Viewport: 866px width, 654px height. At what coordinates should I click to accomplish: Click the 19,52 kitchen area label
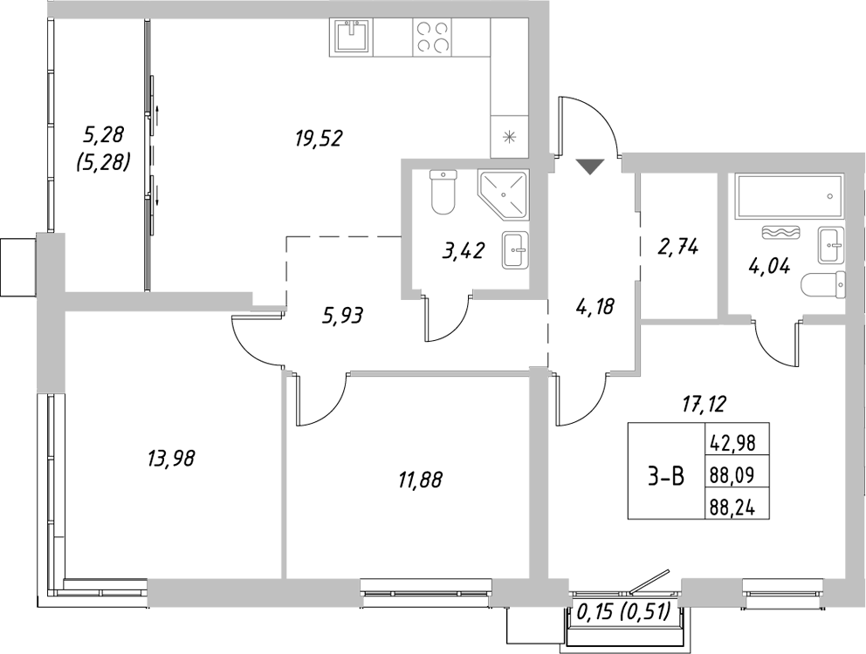[317, 138]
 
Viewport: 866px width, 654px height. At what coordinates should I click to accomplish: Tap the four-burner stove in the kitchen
[433, 37]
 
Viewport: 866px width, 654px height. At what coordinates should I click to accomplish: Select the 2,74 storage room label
[677, 247]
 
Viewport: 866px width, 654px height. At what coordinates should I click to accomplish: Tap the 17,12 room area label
[704, 403]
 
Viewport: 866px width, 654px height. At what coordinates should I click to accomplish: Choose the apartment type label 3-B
[665, 477]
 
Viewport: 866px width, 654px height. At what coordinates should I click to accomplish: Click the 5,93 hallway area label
[342, 315]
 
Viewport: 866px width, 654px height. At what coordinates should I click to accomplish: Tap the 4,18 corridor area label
[595, 306]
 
